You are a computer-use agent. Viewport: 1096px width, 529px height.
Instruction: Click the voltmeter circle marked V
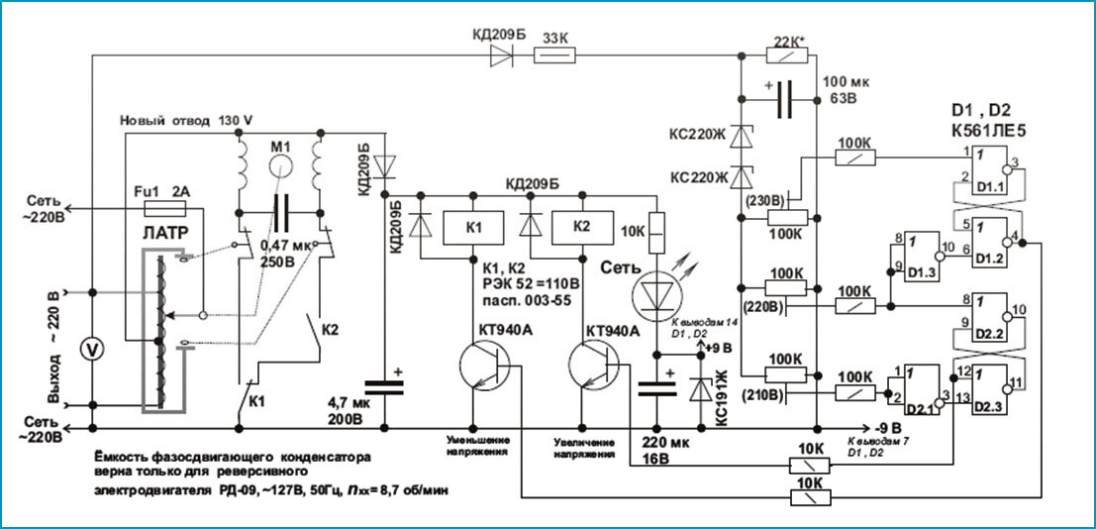(x=92, y=349)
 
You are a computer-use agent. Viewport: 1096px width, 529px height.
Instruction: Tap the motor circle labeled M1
(x=279, y=162)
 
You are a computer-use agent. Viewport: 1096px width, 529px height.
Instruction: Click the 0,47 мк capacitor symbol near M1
(x=281, y=211)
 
